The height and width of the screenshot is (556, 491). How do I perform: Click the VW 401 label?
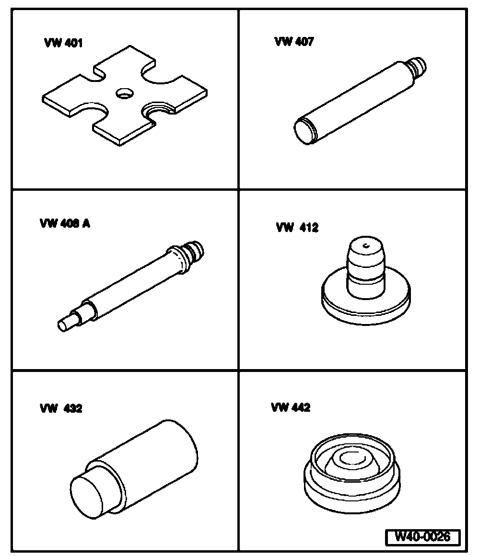(63, 43)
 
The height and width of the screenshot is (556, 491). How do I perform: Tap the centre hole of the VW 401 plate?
(125, 93)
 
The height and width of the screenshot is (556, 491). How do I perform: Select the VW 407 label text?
(294, 42)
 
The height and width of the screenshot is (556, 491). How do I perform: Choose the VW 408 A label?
(65, 223)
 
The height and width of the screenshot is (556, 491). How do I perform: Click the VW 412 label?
(297, 227)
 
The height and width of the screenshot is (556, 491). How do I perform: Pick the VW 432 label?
(61, 408)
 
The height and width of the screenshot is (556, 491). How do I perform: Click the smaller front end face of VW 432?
(87, 497)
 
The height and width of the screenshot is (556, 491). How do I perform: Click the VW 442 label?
(291, 407)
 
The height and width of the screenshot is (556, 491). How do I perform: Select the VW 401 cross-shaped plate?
(125, 95)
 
